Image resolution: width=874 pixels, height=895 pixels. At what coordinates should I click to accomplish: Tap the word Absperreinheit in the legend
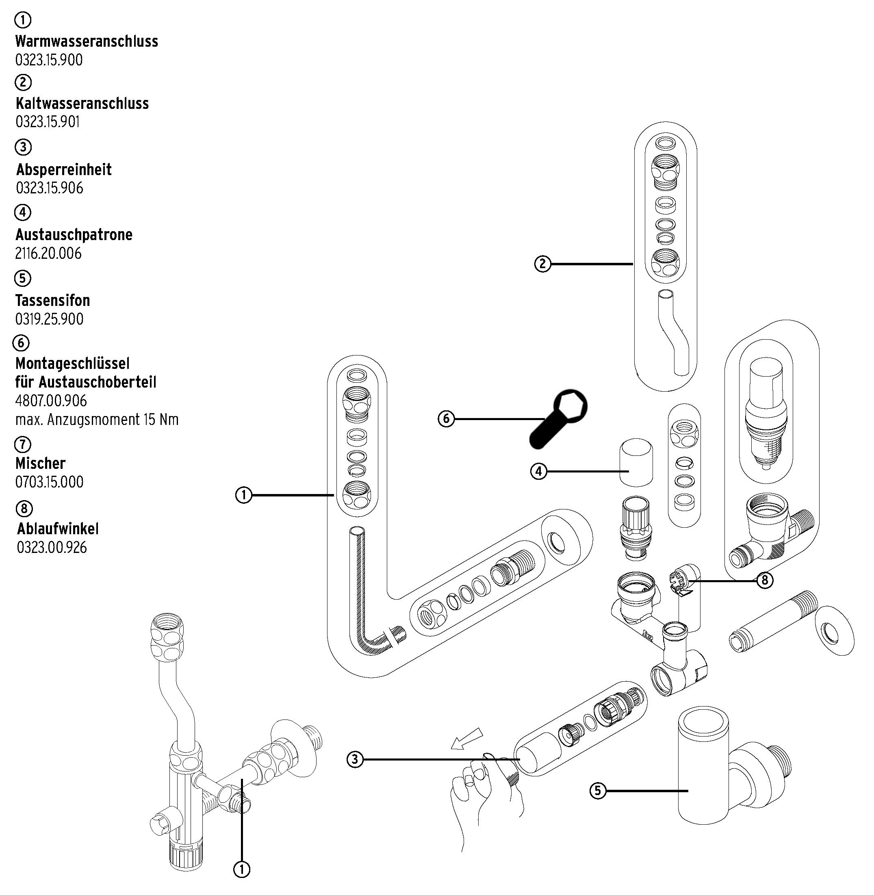64,169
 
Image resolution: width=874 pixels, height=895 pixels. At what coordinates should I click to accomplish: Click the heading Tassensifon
53,300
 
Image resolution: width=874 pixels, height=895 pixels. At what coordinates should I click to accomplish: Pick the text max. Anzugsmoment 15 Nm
97,420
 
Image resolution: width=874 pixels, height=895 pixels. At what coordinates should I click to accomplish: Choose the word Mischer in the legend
40,463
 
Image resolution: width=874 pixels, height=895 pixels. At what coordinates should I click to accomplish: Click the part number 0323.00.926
52,547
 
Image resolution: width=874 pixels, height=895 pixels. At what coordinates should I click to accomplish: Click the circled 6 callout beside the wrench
446,418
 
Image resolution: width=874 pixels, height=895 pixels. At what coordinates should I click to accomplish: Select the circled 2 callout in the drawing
542,264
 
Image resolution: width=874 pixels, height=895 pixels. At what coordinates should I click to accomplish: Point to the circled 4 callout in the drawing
539,471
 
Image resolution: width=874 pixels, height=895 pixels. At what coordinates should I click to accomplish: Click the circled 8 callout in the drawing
764,581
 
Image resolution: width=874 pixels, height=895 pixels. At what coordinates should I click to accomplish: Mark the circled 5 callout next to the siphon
598,790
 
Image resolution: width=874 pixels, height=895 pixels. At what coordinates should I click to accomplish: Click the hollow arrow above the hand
467,739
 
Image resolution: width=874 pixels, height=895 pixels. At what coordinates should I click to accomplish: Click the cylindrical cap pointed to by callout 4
636,464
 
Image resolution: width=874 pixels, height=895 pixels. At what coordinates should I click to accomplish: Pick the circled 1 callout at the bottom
242,869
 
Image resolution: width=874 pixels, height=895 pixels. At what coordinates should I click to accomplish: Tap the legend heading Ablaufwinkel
58,529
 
